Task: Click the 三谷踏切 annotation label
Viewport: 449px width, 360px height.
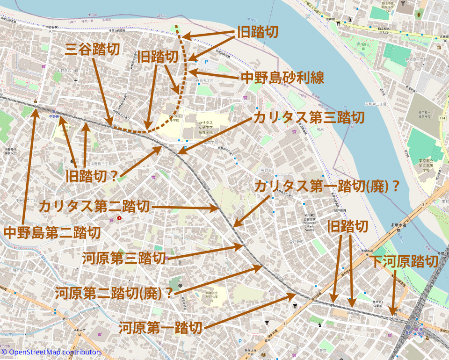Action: point(92,49)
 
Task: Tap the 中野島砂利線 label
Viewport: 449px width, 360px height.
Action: point(282,78)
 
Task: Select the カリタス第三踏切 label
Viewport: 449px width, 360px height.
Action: point(308,117)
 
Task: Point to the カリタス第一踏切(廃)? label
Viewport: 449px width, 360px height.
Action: point(327,187)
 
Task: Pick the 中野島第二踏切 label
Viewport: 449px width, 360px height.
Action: point(52,232)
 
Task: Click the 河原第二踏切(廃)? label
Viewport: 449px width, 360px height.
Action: point(114,293)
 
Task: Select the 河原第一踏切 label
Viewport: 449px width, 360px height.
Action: point(161,328)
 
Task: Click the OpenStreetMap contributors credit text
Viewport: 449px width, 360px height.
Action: point(51,352)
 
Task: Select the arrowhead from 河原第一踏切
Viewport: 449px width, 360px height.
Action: point(296,295)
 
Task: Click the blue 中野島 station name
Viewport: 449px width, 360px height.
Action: point(54,117)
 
